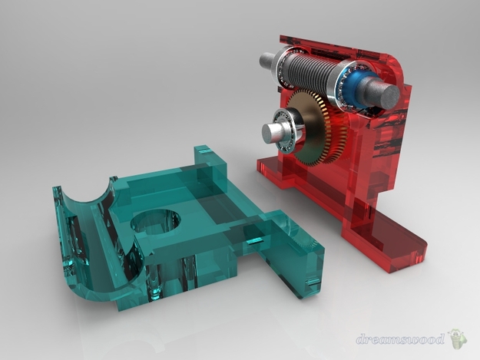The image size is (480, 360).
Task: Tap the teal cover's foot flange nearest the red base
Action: (296, 261)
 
